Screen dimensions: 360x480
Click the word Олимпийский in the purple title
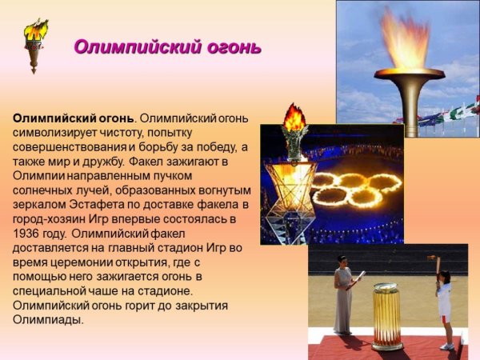coord(128,46)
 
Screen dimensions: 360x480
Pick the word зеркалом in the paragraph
coord(39,205)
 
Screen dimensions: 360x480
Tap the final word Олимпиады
coord(48,320)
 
